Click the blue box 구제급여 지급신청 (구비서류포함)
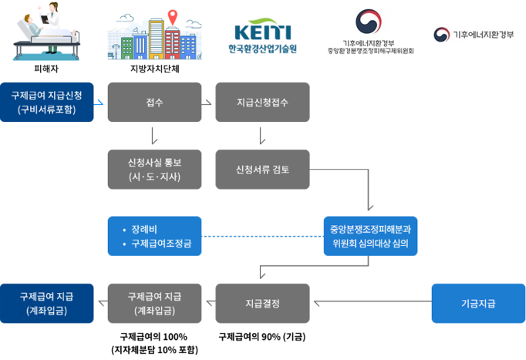(47, 102)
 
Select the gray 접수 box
(154, 102)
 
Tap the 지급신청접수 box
(262, 102)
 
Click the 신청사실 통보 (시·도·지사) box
(154, 170)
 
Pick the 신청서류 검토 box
(262, 170)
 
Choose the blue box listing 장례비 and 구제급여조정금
(154, 236)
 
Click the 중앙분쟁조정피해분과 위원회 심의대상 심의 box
(370, 236)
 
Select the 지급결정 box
(262, 303)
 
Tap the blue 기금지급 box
(478, 303)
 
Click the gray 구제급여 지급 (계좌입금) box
(154, 303)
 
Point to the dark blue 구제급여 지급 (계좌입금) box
(47, 303)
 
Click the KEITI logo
(262, 32)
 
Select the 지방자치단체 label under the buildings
(155, 68)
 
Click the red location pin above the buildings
(171, 15)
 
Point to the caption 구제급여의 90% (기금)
(262, 336)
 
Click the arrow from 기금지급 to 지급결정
(370, 303)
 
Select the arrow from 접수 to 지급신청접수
(208, 102)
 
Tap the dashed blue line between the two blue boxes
(262, 236)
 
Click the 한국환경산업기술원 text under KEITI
(262, 49)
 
